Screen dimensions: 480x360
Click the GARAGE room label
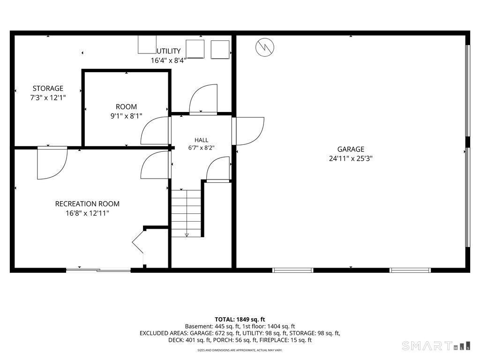click(351, 149)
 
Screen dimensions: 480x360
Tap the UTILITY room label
click(169, 51)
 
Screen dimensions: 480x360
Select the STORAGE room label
click(48, 88)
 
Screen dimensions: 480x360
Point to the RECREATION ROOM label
click(87, 203)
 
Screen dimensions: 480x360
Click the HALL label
click(202, 140)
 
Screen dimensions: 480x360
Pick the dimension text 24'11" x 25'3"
click(351, 158)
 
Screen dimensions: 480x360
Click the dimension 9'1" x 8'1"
click(127, 116)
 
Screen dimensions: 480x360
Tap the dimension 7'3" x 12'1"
click(48, 97)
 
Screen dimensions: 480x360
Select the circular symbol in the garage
click(265, 47)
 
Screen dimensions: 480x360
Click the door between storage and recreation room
click(52, 163)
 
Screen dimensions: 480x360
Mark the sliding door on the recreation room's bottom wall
click(98, 270)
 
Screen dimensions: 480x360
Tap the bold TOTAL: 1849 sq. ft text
click(240, 320)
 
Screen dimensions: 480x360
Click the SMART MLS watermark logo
click(436, 346)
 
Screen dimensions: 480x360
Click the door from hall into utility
click(203, 99)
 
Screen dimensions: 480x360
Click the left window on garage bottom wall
click(292, 270)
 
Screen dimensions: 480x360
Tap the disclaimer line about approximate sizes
click(240, 350)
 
